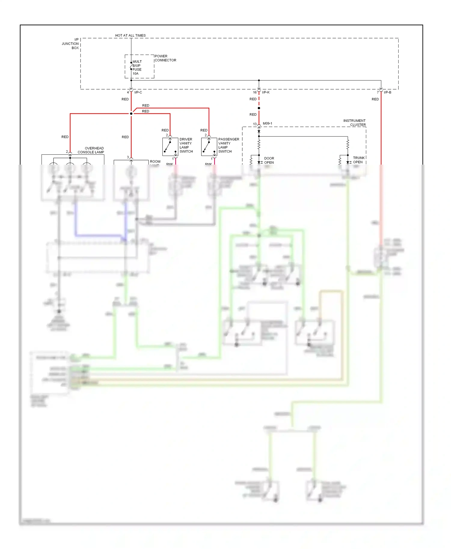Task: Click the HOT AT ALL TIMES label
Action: pyautogui.click(x=130, y=35)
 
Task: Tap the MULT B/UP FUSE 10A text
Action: pyautogui.click(x=137, y=68)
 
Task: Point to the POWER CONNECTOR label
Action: pyautogui.click(x=165, y=58)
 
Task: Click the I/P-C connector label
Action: pyautogui.click(x=138, y=92)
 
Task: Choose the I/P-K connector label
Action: pyautogui.click(x=265, y=92)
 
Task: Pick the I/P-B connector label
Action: pyautogui.click(x=387, y=92)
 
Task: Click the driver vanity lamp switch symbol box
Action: pyautogui.click(x=170, y=147)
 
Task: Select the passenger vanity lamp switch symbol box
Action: pyautogui.click(x=209, y=147)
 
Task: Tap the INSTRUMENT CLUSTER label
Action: pyautogui.click(x=354, y=123)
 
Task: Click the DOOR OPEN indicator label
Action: pyautogui.click(x=269, y=160)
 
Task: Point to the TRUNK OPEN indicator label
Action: pyautogui.click(x=358, y=160)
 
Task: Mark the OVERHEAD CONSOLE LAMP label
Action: pyautogui.click(x=91, y=150)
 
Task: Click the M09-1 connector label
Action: pyautogui.click(x=267, y=123)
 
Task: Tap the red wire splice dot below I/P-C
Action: pyautogui.click(x=131, y=114)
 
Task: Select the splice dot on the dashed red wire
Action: pyautogui.click(x=259, y=108)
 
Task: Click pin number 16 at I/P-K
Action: pyautogui.click(x=255, y=92)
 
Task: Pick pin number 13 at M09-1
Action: pyautogui.click(x=255, y=124)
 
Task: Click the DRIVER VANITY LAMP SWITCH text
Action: pyautogui.click(x=186, y=145)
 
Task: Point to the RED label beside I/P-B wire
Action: pyautogui.click(x=375, y=99)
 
